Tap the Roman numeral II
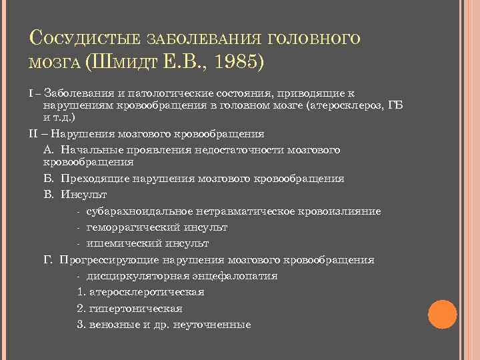[34, 133]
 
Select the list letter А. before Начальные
[47, 149]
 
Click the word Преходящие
[93, 179]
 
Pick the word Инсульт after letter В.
[84, 195]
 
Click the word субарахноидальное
[140, 211]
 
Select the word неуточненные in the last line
[211, 325]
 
